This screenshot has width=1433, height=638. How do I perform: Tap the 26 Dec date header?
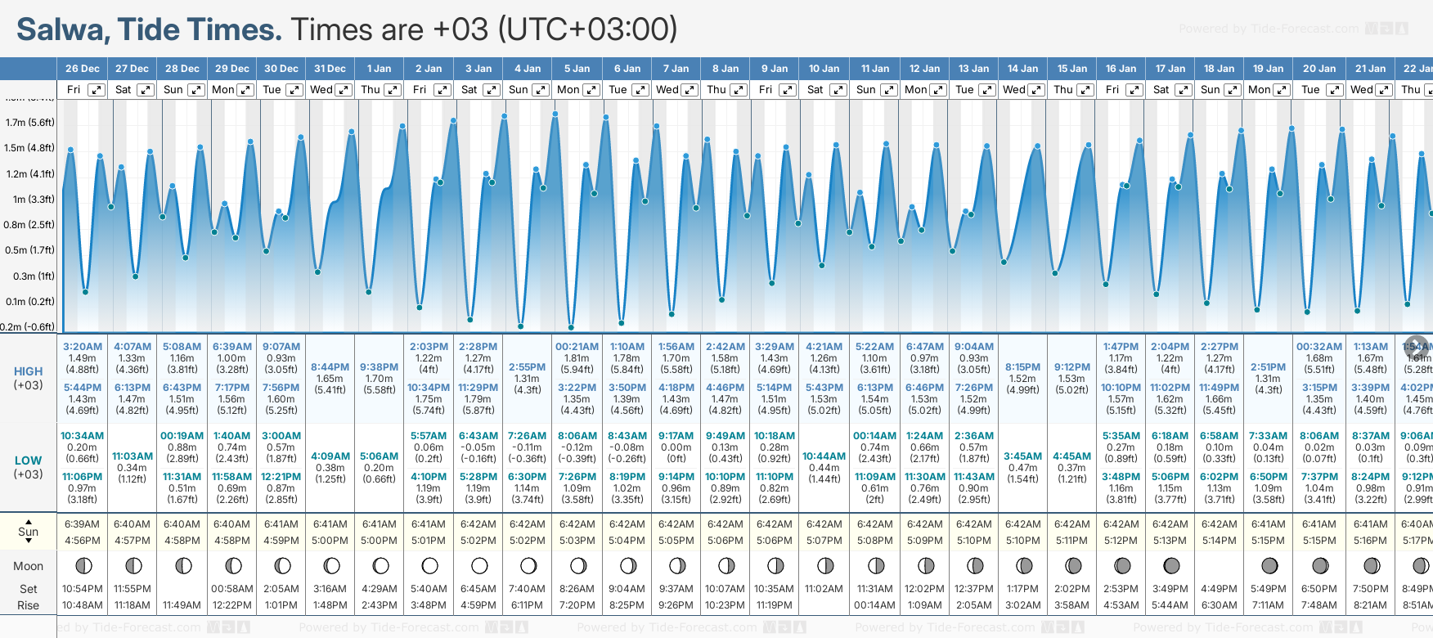[x=83, y=69]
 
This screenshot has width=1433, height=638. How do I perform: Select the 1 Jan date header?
[x=380, y=69]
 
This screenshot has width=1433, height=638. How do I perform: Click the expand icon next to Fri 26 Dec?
[x=97, y=90]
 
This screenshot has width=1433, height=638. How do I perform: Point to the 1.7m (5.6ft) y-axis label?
[x=29, y=123]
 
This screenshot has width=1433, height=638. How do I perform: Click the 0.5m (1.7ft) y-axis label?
[x=29, y=250]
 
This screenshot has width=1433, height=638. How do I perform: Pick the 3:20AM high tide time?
[x=83, y=347]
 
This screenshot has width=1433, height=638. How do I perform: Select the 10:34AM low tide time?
[x=83, y=436]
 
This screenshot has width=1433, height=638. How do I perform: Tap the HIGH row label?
[x=28, y=371]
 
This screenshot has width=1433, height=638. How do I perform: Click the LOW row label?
[x=28, y=461]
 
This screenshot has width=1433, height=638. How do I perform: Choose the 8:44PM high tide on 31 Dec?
[x=330, y=367]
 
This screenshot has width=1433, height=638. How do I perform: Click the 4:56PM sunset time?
[x=83, y=541]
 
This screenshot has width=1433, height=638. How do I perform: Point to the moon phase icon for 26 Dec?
[x=83, y=565]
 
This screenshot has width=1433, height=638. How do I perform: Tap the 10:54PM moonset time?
[x=83, y=589]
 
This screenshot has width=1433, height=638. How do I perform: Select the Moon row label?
[x=28, y=566]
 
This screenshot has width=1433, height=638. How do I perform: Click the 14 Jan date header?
[x=1023, y=69]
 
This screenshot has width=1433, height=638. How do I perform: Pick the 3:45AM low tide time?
[x=1023, y=456]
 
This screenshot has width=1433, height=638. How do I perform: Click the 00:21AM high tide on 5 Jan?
[x=577, y=347]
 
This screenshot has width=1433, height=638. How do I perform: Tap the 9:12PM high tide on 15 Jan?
[x=1072, y=367]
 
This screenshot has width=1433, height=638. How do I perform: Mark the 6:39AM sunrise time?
[x=83, y=524]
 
